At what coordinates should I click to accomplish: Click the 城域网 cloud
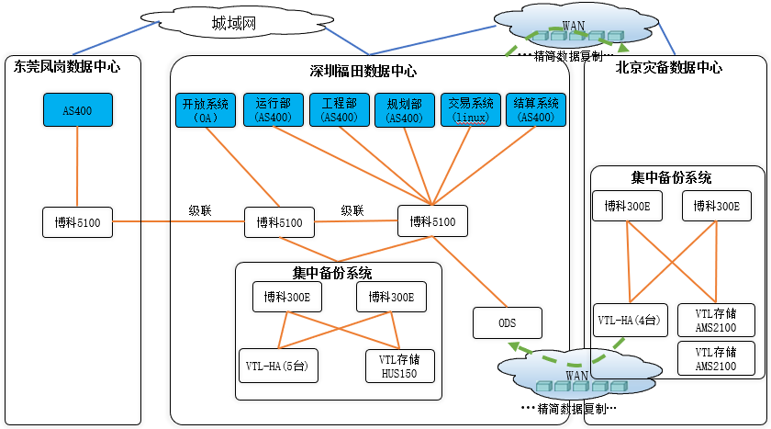(237, 22)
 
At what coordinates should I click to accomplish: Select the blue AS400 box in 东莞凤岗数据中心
(78, 110)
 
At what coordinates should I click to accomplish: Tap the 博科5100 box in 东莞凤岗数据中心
(77, 222)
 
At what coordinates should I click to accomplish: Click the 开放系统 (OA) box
(206, 110)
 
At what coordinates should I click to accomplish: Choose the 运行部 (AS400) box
(274, 109)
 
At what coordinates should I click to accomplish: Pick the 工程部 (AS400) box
(340, 109)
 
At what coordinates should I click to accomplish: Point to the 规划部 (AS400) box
(405, 110)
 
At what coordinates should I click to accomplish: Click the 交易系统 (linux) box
(471, 109)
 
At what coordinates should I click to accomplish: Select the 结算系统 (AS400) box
(536, 109)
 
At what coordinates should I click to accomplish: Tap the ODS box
(508, 322)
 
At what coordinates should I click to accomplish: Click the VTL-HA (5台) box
(278, 366)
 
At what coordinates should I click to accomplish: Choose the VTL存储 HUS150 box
(400, 366)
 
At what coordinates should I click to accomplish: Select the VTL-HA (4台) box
(631, 321)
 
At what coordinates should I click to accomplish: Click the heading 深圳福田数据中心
(363, 72)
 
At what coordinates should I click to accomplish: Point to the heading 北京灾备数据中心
(669, 67)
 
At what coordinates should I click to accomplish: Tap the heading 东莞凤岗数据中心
(67, 66)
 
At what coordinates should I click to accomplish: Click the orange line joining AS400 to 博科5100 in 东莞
(77, 167)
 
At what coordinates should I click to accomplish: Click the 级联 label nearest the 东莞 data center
(200, 210)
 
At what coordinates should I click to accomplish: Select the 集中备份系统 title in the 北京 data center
(671, 177)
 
